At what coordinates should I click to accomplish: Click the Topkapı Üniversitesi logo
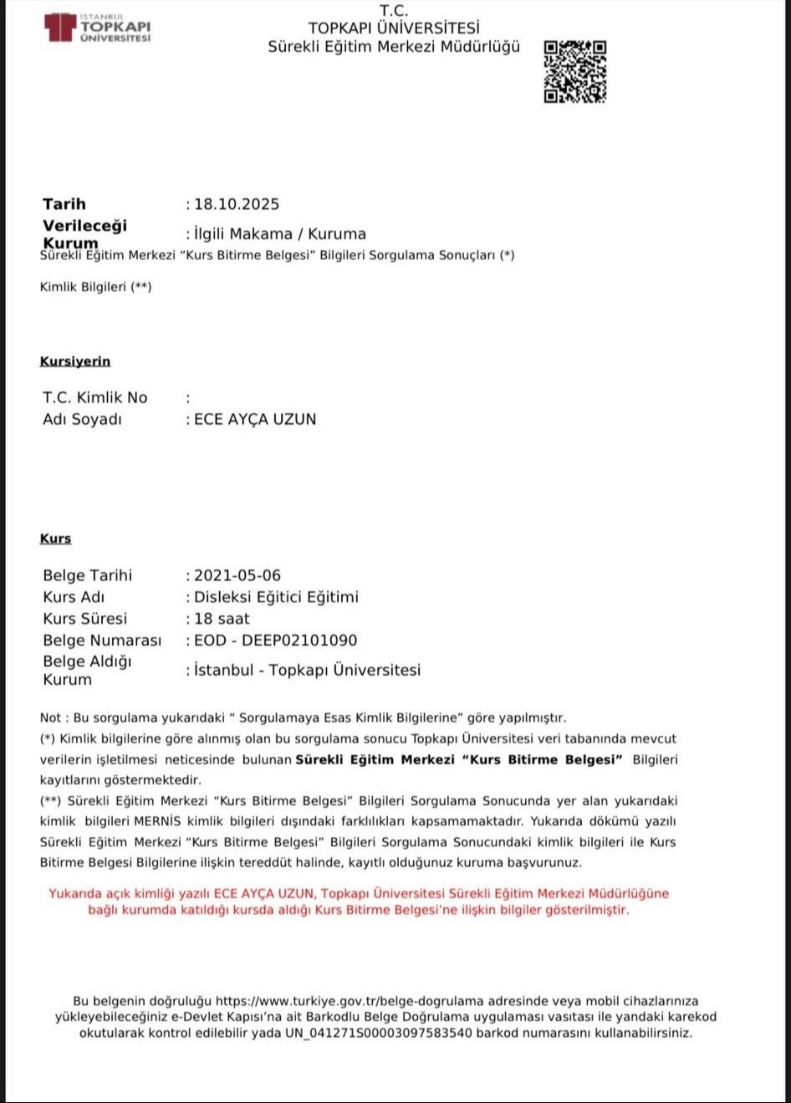(98, 27)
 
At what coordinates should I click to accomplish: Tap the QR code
(575, 71)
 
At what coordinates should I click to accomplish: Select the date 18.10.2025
(237, 204)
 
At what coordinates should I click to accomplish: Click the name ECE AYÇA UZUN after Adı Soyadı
(255, 419)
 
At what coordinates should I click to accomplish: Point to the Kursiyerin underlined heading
(75, 361)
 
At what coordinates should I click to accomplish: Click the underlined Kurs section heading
(56, 539)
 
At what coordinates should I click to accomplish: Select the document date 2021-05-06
(237, 575)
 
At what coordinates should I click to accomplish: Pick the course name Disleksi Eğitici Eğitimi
(276, 597)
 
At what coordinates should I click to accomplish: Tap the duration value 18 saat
(222, 619)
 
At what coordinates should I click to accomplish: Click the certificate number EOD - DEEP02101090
(275, 641)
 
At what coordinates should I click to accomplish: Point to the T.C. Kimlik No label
(94, 397)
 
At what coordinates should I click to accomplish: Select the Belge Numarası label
(101, 641)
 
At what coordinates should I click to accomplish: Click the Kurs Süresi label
(84, 619)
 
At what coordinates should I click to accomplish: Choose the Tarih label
(64, 204)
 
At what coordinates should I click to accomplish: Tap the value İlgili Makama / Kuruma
(280, 233)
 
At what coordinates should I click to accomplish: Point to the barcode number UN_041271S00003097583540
(379, 1033)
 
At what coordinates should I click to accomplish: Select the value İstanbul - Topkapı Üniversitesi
(307, 670)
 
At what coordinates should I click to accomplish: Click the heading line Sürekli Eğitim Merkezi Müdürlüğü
(394, 47)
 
